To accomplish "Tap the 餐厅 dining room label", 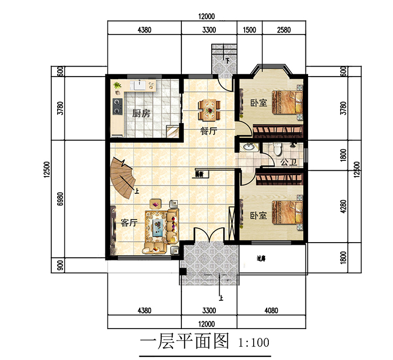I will click(209, 132).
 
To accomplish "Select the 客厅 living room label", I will click(129, 222).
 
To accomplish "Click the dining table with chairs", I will click(209, 108).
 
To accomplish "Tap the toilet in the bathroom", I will click(278, 149).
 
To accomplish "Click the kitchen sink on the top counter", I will click(140, 84).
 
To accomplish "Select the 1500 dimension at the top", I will click(249, 30).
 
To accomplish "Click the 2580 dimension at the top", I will click(283, 30).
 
